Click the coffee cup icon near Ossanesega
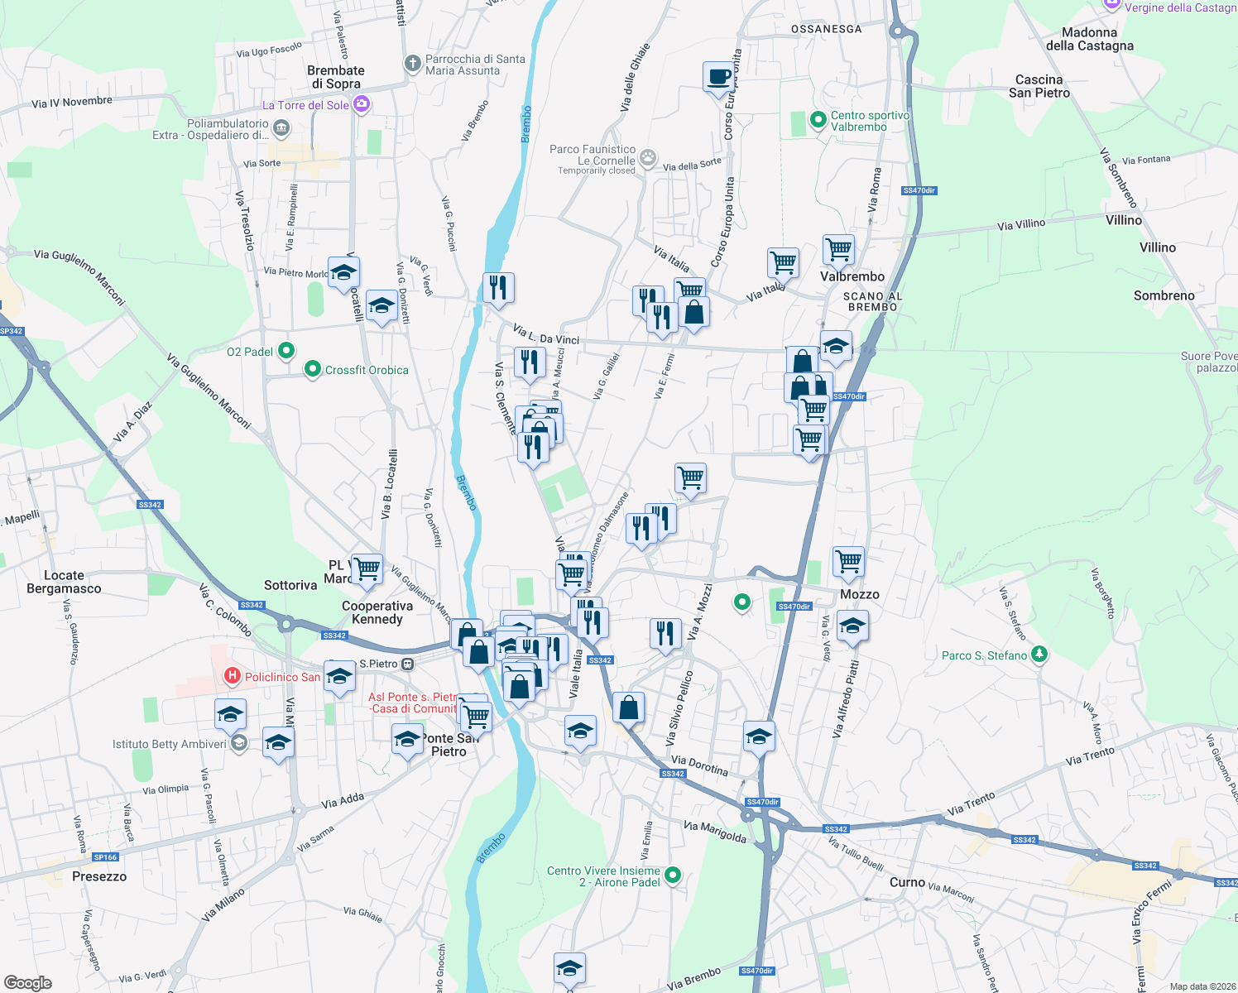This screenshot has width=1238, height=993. click(x=718, y=77)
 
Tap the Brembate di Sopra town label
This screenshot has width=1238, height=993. click(x=336, y=77)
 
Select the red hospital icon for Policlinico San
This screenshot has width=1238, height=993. click(x=233, y=677)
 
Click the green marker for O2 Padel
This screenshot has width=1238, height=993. click(x=286, y=351)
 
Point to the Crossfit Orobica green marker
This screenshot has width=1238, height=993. click(x=312, y=369)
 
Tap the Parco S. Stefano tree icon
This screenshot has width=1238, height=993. click(x=1039, y=655)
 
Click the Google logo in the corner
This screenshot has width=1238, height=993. click(x=28, y=982)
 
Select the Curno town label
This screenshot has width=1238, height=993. click(x=907, y=882)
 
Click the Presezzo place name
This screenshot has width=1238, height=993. click(x=99, y=876)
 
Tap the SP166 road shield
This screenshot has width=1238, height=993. click(x=106, y=857)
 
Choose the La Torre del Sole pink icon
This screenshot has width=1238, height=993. click(x=361, y=104)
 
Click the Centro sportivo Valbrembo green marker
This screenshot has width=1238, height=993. click(x=818, y=120)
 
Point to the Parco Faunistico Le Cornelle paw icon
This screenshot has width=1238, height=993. click(x=648, y=157)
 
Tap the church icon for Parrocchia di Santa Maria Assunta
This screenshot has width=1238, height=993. click(x=412, y=64)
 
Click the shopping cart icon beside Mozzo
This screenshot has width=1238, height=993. click(x=849, y=561)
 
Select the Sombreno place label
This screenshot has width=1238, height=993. click(x=1164, y=295)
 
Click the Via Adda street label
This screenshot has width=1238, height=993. click(x=343, y=800)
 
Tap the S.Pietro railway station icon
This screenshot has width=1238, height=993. click(x=407, y=664)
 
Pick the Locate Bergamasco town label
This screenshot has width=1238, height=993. click(x=64, y=582)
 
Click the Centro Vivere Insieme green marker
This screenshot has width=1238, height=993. click(x=673, y=875)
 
